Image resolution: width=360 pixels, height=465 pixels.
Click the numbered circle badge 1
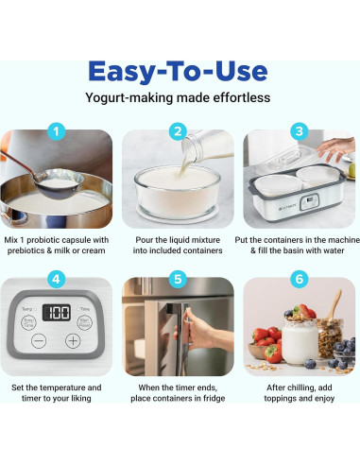(57, 131)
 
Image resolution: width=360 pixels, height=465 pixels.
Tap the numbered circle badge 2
(178, 131)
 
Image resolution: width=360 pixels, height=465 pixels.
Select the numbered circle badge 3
(300, 131)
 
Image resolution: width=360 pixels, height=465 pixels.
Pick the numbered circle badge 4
(57, 279)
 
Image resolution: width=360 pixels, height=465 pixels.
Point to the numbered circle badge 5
(178, 279)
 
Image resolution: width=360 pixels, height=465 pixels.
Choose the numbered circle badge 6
(300, 279)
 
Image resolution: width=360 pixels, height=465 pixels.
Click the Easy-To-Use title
(178, 72)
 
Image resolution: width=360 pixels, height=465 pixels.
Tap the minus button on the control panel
(39, 341)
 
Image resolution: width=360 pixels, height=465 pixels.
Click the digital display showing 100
(57, 313)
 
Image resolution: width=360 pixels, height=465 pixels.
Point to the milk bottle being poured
(206, 146)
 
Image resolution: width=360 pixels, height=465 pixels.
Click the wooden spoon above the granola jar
(334, 305)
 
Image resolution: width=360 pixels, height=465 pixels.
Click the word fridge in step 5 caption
(214, 398)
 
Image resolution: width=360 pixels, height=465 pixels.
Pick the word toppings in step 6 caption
(281, 399)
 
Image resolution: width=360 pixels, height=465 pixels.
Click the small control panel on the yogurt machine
(309, 202)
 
